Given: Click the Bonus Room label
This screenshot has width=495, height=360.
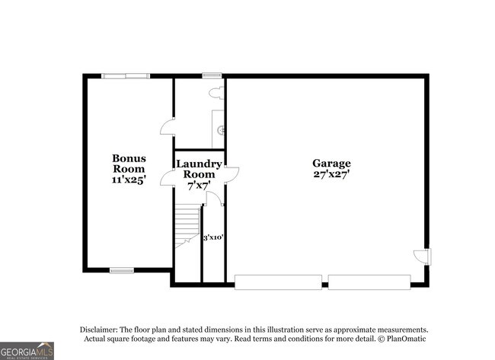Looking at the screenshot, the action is (129, 163).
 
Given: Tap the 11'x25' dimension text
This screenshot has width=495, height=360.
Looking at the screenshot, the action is (129, 180).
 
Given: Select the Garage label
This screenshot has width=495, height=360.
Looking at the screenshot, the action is (331, 164).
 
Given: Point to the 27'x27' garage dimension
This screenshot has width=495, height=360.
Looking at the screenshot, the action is (331, 174).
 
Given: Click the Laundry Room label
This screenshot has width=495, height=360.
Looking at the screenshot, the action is (200, 169).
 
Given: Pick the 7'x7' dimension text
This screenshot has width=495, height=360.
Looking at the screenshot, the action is (199, 186).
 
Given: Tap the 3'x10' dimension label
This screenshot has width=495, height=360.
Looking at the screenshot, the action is (213, 237).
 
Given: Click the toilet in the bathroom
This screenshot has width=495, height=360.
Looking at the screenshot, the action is (217, 94).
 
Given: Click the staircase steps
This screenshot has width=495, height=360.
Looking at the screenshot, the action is (188, 225).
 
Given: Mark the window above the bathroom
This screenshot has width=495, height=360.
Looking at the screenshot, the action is (212, 75).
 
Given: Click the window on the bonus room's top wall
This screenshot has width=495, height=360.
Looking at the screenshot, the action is (126, 75).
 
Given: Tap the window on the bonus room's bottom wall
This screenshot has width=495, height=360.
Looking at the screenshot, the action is (122, 270).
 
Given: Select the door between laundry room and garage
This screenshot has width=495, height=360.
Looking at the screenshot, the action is (233, 174).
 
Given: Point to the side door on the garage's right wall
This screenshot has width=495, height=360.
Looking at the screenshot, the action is (423, 256).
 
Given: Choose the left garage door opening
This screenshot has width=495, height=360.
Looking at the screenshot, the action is (278, 282).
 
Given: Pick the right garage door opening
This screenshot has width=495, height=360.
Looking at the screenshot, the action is (369, 282).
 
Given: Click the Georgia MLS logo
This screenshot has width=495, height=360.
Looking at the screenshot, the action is (27, 351).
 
